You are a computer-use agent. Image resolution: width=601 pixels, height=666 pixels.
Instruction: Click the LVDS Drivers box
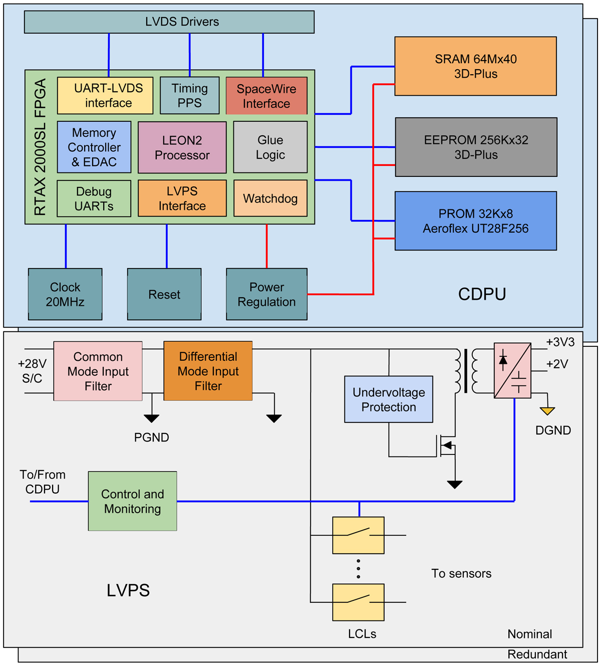(x=169, y=22)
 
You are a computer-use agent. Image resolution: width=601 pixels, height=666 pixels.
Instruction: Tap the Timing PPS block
(x=189, y=95)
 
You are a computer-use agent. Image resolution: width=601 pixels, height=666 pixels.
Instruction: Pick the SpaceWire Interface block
(x=266, y=96)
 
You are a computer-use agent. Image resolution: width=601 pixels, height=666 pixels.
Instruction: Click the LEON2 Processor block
(x=182, y=147)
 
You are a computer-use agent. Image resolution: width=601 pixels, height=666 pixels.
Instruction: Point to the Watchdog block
(x=270, y=198)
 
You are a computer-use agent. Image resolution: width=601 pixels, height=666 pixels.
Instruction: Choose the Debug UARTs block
(x=94, y=198)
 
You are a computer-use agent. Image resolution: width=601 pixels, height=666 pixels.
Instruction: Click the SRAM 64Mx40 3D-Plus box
(x=475, y=66)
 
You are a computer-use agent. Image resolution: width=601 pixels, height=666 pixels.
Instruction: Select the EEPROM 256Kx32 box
(x=476, y=147)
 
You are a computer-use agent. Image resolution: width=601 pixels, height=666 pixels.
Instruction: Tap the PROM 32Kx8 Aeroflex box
(x=475, y=220)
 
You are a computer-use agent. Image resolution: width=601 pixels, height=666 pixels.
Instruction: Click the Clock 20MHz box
(x=65, y=294)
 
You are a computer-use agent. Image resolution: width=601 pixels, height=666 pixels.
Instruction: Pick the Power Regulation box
(x=266, y=294)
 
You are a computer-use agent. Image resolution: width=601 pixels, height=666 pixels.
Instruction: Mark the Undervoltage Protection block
(x=389, y=399)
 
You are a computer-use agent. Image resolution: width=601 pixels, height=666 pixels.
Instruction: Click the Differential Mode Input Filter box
(x=208, y=371)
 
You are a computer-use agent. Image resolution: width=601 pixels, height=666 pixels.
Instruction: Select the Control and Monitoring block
(x=132, y=501)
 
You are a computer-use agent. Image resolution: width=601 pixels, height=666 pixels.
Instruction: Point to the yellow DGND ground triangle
(x=547, y=411)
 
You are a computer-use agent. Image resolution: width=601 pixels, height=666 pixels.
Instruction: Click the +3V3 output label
(x=560, y=342)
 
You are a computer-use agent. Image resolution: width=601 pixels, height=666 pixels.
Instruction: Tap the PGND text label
(x=151, y=437)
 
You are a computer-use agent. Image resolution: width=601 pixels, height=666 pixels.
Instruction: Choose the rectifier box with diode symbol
(x=512, y=370)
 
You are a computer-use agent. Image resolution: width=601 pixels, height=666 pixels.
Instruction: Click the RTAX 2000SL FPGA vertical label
(x=40, y=147)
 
